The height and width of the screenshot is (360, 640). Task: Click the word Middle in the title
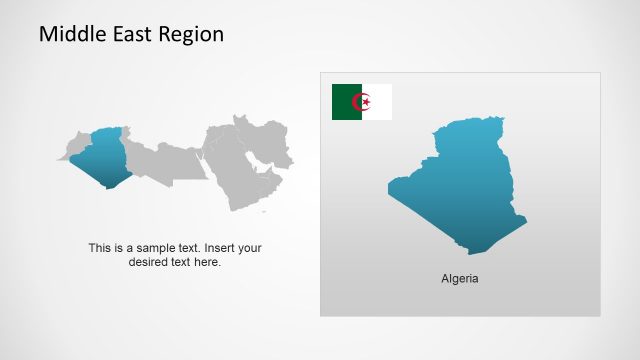pyautogui.click(x=69, y=35)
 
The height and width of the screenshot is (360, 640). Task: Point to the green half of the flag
pyautogui.click(x=346, y=102)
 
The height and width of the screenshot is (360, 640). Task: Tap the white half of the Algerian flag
pyautogui.click(x=381, y=102)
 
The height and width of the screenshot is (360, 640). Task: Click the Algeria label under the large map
pyautogui.click(x=460, y=278)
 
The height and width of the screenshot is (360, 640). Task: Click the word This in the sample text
pyautogui.click(x=100, y=248)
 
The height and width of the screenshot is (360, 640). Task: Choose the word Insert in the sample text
pyautogui.click(x=224, y=248)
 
